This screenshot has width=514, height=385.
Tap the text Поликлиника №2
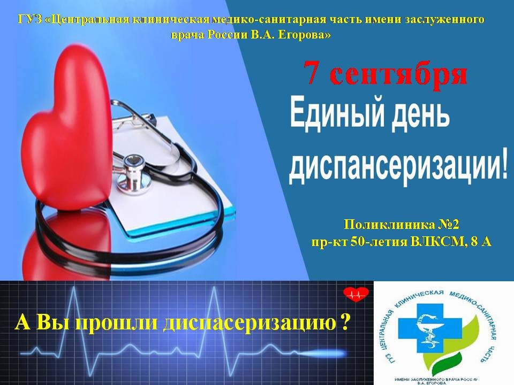click(402, 225)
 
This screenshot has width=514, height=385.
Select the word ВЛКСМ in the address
click(439, 242)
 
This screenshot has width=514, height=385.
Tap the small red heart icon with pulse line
click(356, 294)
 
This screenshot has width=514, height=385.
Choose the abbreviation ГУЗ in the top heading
click(30, 19)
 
